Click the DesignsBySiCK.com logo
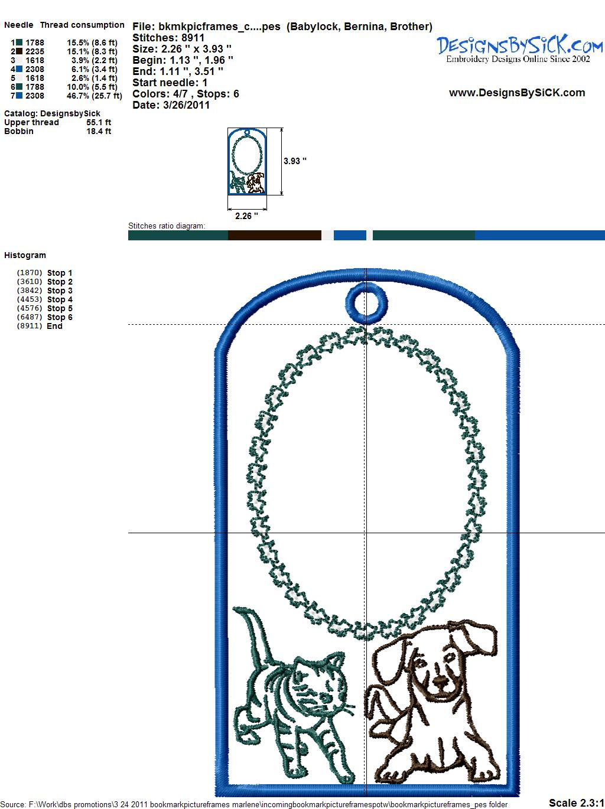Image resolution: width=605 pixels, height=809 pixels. [x=519, y=50]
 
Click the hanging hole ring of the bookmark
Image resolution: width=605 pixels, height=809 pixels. [x=366, y=289]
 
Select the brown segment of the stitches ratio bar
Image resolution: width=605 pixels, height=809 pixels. [x=275, y=235]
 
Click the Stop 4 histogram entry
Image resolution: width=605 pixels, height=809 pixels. [x=45, y=299]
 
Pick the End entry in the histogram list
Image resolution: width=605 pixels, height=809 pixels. [x=40, y=326]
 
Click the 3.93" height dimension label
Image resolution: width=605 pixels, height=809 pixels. [x=295, y=161]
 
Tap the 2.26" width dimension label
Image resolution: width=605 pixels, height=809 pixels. [x=246, y=216]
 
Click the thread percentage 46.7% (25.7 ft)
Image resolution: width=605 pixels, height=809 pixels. [x=95, y=96]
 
